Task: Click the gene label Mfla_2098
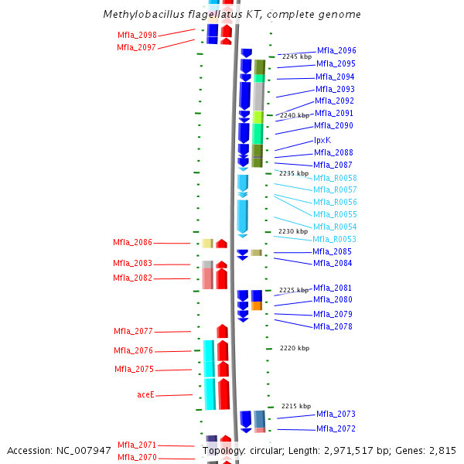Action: (x=137, y=35)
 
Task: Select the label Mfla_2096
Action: (x=336, y=51)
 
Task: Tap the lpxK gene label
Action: (x=322, y=140)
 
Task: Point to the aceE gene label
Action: (x=146, y=394)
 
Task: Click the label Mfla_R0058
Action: (x=335, y=178)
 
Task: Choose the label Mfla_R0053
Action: (x=334, y=239)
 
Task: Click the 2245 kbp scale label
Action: (x=298, y=56)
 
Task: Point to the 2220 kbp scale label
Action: (x=294, y=348)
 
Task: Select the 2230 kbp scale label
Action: (x=293, y=231)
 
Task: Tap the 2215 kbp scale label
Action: (x=295, y=406)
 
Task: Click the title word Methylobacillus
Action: (x=142, y=15)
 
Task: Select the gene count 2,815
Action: (x=441, y=451)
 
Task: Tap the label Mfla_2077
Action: (x=133, y=331)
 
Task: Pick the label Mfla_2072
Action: (x=336, y=429)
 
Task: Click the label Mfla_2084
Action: (x=333, y=263)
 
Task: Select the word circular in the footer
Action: (x=271, y=451)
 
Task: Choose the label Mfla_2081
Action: (x=333, y=288)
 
